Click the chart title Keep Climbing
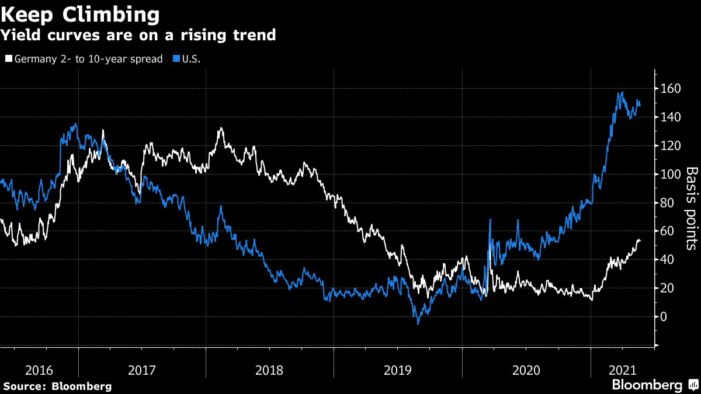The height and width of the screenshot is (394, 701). [80, 13]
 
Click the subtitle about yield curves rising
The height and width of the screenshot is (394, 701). [138, 35]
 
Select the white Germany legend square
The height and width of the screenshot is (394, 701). [8, 59]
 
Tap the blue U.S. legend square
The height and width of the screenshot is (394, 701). [176, 59]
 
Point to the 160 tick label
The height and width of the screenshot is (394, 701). [671, 89]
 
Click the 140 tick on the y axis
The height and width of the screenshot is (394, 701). [671, 117]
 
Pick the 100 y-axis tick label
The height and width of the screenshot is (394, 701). [671, 175]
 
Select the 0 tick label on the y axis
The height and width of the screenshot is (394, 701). [664, 317]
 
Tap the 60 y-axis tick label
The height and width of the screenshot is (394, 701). [668, 231]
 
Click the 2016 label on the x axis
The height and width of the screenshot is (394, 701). [39, 370]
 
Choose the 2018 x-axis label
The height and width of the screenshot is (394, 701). [269, 370]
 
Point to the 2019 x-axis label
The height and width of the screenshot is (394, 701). [397, 370]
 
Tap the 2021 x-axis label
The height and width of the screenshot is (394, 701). [622, 370]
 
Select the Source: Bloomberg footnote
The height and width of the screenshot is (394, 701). [57, 386]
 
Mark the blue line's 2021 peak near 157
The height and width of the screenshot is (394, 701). [622, 92]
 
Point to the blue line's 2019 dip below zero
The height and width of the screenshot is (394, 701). [418, 323]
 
